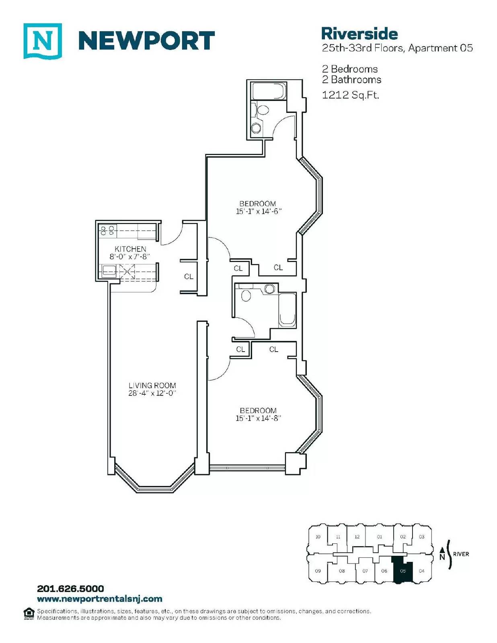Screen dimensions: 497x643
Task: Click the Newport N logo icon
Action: coord(43,41)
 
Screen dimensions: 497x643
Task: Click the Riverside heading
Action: coord(359,34)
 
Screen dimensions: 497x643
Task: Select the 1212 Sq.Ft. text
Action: coord(351,95)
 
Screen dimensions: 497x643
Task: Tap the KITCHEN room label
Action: coord(130,249)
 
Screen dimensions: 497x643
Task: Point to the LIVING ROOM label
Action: coord(152,385)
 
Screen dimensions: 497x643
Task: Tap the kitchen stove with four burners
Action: coord(107,230)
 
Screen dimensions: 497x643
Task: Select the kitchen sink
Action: coord(110,270)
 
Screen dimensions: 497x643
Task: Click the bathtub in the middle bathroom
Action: coord(287,310)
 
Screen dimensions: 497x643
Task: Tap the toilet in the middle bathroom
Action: coord(245,294)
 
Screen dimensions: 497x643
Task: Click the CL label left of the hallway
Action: coord(189,276)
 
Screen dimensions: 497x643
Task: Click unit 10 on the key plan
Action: coord(318,537)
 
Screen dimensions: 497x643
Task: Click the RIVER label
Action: coord(461,554)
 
